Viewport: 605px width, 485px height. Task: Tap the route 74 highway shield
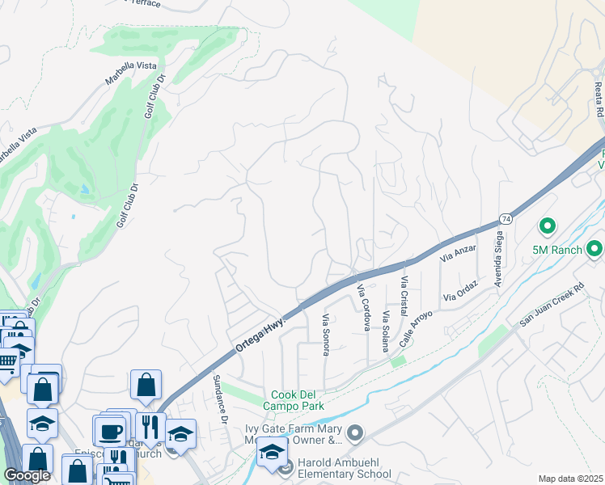coord(505,219)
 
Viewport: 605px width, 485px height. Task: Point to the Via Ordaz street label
coord(461,292)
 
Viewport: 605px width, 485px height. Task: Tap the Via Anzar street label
coord(458,253)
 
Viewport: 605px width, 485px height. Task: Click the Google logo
coord(27,475)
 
